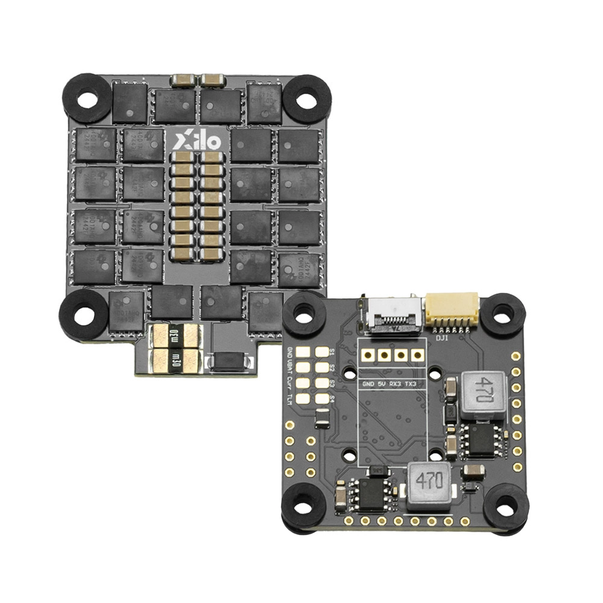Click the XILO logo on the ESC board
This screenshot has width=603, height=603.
(198, 142)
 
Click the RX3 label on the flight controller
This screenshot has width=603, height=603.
(396, 384)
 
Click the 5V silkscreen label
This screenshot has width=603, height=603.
(380, 384)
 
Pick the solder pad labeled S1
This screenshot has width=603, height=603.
(321, 352)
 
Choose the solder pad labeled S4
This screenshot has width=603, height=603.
(321, 398)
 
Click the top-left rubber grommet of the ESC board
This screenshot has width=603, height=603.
(87, 98)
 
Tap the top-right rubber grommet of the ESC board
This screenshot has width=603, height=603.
(307, 98)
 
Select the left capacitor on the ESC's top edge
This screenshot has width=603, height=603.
(182, 79)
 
